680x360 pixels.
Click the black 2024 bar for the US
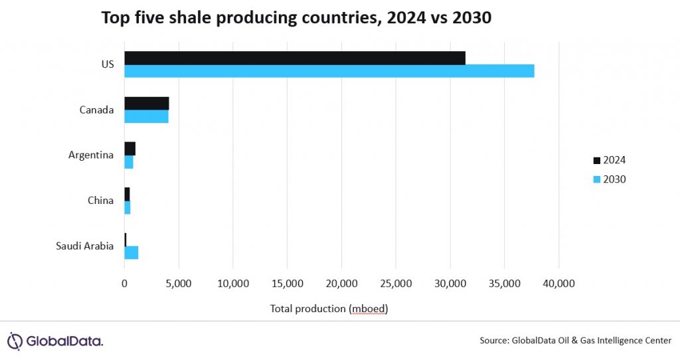click(x=294, y=58)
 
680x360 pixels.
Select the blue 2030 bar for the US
click(x=329, y=71)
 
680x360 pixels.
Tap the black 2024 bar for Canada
click(x=146, y=103)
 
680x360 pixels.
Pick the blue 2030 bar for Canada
click(x=146, y=117)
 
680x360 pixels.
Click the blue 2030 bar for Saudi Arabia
click(x=131, y=252)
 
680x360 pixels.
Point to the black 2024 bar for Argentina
click(x=129, y=148)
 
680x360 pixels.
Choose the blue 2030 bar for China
click(x=127, y=207)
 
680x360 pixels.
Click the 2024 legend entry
click(x=608, y=160)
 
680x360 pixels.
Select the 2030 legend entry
click(x=608, y=179)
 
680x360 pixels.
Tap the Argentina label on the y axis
click(x=91, y=155)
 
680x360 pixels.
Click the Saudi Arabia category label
click(x=85, y=246)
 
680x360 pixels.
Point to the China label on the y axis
click(x=100, y=200)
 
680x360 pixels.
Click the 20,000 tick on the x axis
click(x=341, y=284)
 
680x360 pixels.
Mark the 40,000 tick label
click(x=558, y=284)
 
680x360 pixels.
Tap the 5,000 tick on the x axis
click(x=178, y=284)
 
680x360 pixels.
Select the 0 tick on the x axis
click(x=124, y=284)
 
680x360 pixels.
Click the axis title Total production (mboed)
click(x=329, y=309)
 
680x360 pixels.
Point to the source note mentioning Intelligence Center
click(x=576, y=341)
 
